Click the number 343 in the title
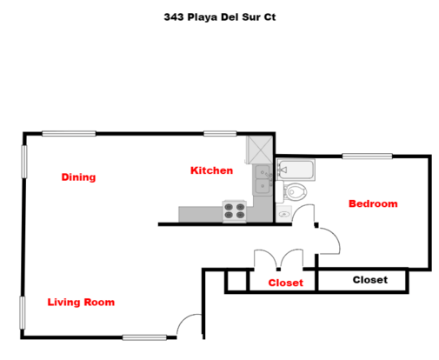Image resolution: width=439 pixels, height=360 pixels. click(x=174, y=17)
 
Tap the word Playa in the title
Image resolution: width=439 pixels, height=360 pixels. click(x=203, y=17)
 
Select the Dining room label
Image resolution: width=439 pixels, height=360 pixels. click(x=78, y=177)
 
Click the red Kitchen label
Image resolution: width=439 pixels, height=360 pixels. click(x=211, y=170)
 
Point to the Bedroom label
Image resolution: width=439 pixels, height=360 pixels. click(x=373, y=203)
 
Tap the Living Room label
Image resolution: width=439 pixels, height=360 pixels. click(x=81, y=303)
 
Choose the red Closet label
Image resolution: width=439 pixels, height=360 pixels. click(x=286, y=283)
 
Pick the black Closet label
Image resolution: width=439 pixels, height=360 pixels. click(x=370, y=280)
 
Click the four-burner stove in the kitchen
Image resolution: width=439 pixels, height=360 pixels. click(x=235, y=211)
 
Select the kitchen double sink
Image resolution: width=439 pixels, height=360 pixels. click(x=263, y=180)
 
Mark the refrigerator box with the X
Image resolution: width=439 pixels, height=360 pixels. click(x=259, y=150)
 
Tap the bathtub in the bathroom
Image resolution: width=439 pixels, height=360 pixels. click(x=296, y=170)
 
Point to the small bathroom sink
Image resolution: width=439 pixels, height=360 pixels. click(x=283, y=214)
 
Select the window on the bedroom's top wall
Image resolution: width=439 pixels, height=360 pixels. click(x=367, y=157)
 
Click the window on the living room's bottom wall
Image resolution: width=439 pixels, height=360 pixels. click(x=144, y=337)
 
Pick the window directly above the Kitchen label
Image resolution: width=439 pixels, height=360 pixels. click(x=220, y=134)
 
